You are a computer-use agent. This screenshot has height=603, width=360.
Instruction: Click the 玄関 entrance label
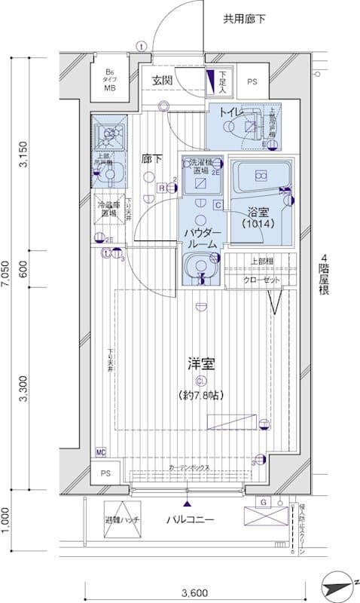(162, 80)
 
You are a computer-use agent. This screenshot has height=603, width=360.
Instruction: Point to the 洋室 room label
(201, 364)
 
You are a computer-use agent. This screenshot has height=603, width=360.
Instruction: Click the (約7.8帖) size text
(201, 395)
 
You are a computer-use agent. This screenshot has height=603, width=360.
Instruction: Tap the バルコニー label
(191, 520)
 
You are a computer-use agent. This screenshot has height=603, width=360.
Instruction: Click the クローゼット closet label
(261, 280)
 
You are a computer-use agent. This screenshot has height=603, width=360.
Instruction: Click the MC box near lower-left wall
(101, 451)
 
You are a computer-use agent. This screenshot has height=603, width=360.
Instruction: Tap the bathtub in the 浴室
(260, 179)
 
